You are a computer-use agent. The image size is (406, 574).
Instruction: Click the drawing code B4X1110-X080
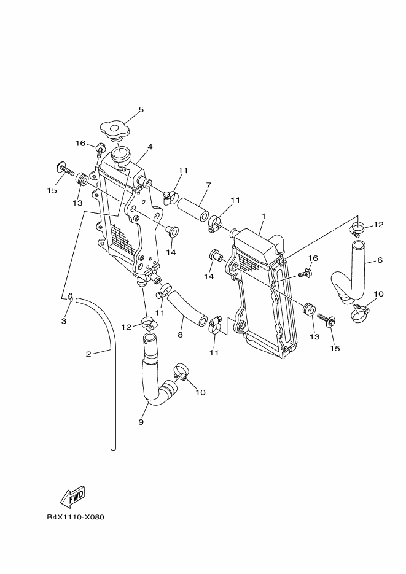76,517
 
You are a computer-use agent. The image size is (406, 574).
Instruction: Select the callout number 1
264,216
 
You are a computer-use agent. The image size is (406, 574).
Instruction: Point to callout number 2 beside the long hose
88,354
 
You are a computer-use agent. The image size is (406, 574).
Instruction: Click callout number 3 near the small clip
64,320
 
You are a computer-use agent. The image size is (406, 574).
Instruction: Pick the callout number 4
150,147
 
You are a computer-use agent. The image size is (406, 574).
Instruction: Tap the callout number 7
209,185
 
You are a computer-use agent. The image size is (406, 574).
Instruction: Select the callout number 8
181,335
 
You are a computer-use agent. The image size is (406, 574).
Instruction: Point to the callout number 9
141,422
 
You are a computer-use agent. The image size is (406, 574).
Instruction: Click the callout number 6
380,260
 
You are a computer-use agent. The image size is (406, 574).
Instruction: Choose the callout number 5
141,110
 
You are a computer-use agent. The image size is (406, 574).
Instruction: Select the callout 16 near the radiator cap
80,143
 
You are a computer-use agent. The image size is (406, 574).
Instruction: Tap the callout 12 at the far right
378,225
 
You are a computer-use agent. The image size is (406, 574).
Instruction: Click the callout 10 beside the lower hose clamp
200,392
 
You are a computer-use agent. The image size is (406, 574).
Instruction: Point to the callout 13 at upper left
77,203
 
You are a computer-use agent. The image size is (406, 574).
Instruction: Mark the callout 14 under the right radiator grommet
209,277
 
